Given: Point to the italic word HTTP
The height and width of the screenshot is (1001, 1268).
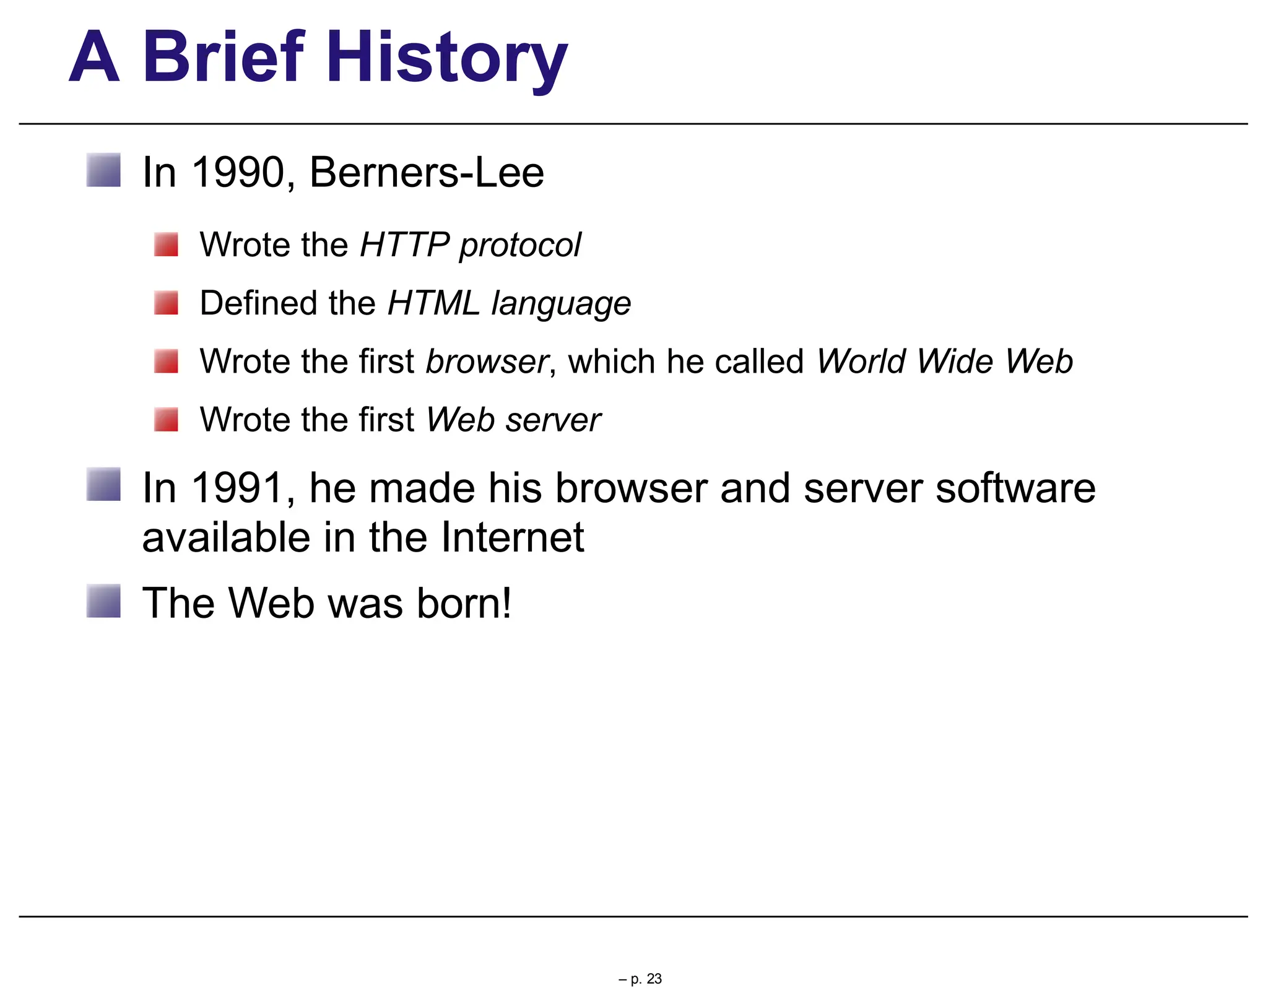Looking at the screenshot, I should pos(404,245).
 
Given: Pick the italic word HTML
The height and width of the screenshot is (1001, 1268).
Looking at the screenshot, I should pos(433,303).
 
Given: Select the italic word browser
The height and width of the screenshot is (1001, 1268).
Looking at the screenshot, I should pos(487,362).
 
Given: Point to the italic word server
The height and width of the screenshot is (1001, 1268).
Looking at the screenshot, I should pos(553,420).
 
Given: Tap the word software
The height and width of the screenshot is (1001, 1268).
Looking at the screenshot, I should pos(1015,488).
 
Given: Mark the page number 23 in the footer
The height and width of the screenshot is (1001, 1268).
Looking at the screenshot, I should pos(654,979).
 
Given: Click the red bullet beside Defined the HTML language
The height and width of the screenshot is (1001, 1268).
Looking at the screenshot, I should pos(166,303).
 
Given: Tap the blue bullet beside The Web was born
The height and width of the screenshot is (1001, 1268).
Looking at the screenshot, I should pos(103,601).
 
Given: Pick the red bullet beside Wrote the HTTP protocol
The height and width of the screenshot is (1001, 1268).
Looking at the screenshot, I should pos(166,245).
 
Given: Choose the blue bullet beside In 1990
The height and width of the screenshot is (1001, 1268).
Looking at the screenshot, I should pos(103,170).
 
